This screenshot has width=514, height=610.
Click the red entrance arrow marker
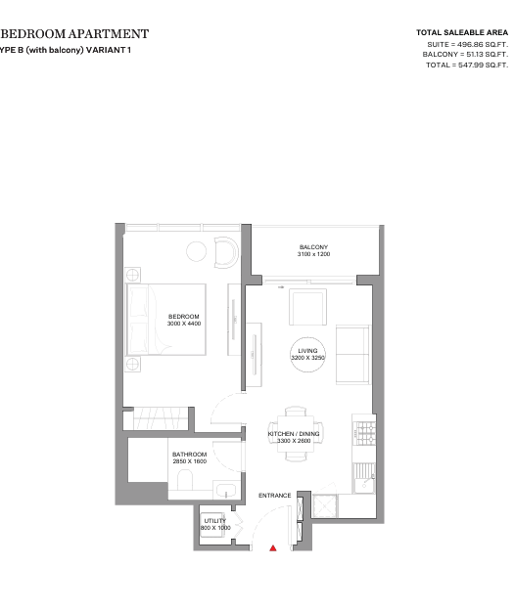point(273,548)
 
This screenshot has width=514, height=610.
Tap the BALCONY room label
point(313,247)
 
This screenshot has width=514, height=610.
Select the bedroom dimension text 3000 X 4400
point(184,324)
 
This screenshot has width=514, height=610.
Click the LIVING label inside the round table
point(307,351)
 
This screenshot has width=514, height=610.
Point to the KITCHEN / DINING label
point(294,434)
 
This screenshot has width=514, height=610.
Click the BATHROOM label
point(189,455)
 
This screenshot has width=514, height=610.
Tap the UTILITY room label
point(215,520)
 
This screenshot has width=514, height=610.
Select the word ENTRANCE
point(275,496)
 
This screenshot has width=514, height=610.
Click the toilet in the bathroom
point(185,480)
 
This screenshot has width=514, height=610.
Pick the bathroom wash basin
point(226,490)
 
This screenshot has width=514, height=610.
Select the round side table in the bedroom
point(196,251)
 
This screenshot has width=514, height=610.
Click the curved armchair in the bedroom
point(226,252)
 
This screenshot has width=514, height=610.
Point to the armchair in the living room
point(307,307)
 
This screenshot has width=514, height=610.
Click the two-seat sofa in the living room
point(353,354)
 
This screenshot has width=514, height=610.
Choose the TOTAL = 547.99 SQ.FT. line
point(467,65)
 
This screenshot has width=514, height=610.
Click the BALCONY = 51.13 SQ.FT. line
point(465,55)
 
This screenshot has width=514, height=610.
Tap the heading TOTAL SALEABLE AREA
point(462,32)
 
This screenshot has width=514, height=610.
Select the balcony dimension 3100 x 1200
point(313,254)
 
